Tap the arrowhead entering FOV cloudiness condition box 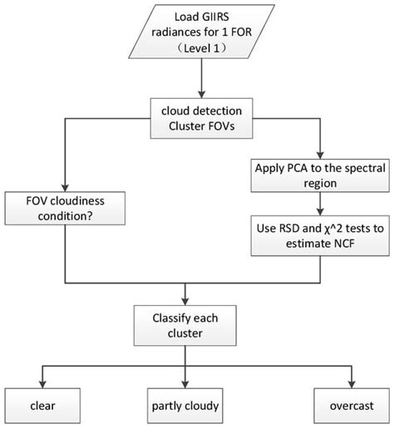point(59,190)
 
